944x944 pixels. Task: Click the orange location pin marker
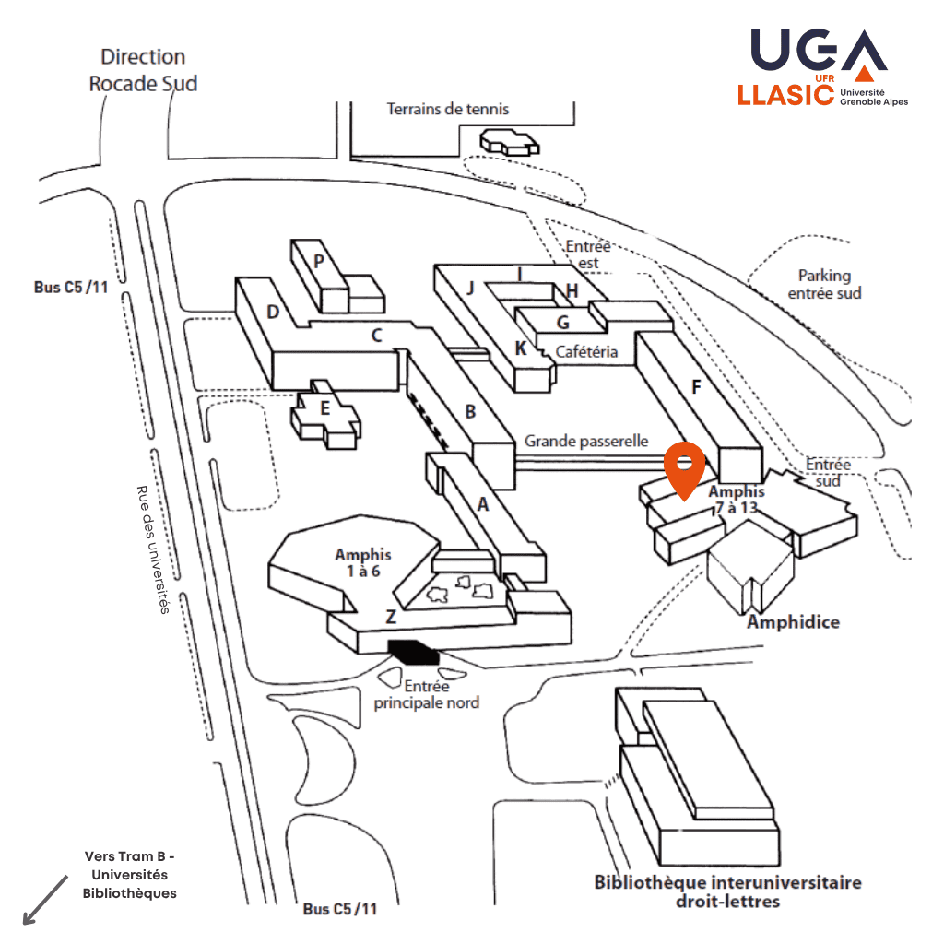pyautogui.click(x=685, y=470)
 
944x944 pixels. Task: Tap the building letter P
pyautogui.click(x=319, y=261)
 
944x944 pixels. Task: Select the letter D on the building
pyautogui.click(x=273, y=312)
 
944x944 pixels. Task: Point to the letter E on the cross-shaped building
pyautogui.click(x=325, y=408)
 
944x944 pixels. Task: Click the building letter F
pyautogui.click(x=697, y=387)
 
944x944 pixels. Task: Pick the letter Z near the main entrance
pyautogui.click(x=391, y=617)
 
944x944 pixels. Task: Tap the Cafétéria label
pyautogui.click(x=586, y=351)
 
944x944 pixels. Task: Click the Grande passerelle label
pyautogui.click(x=586, y=442)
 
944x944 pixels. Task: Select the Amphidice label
pyautogui.click(x=794, y=622)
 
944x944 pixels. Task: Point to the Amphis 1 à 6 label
pyautogui.click(x=363, y=562)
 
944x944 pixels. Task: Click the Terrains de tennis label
pyautogui.click(x=448, y=109)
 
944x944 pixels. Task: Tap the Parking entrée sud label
pyautogui.click(x=825, y=284)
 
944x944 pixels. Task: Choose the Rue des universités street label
pyautogui.click(x=153, y=549)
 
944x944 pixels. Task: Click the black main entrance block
pyautogui.click(x=414, y=652)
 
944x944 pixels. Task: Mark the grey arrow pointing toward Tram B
pyautogui.click(x=45, y=900)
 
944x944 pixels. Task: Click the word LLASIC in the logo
pyautogui.click(x=786, y=95)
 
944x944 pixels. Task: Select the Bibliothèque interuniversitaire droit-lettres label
pyautogui.click(x=728, y=891)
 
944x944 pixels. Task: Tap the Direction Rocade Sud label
pyautogui.click(x=143, y=70)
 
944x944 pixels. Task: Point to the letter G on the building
pyautogui.click(x=563, y=323)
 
